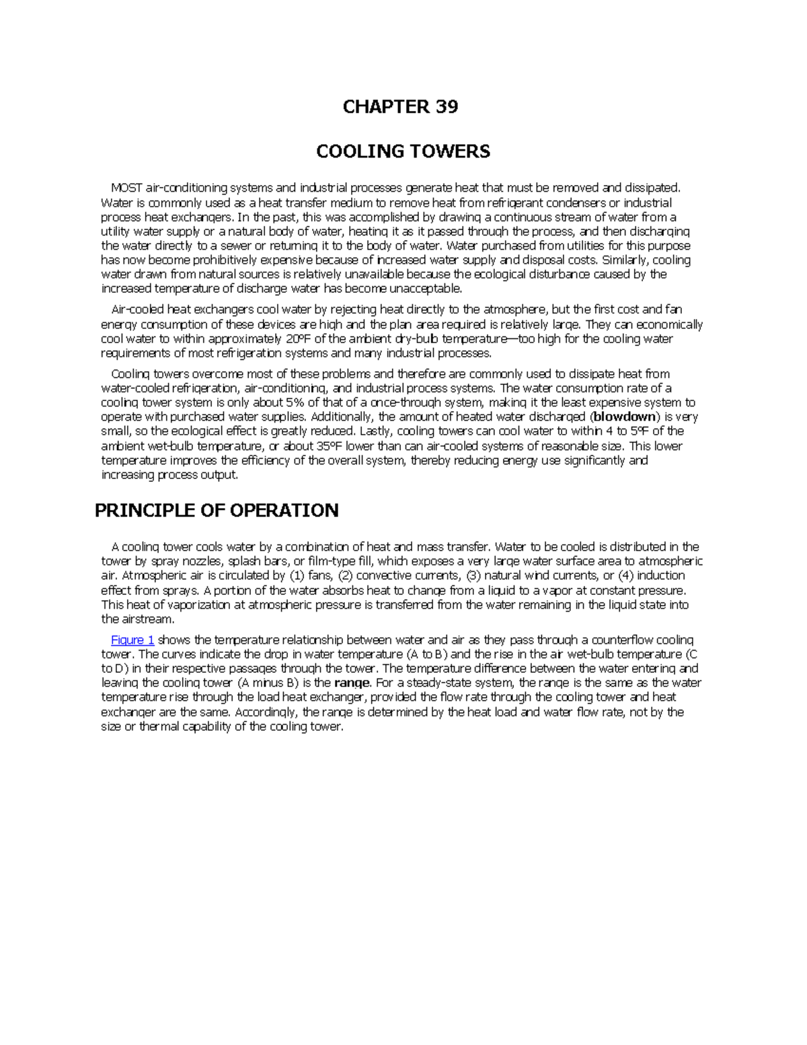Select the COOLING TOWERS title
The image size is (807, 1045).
403,151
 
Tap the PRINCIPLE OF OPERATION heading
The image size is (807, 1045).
217,511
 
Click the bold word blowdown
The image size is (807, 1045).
622,417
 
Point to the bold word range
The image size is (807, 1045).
352,683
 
